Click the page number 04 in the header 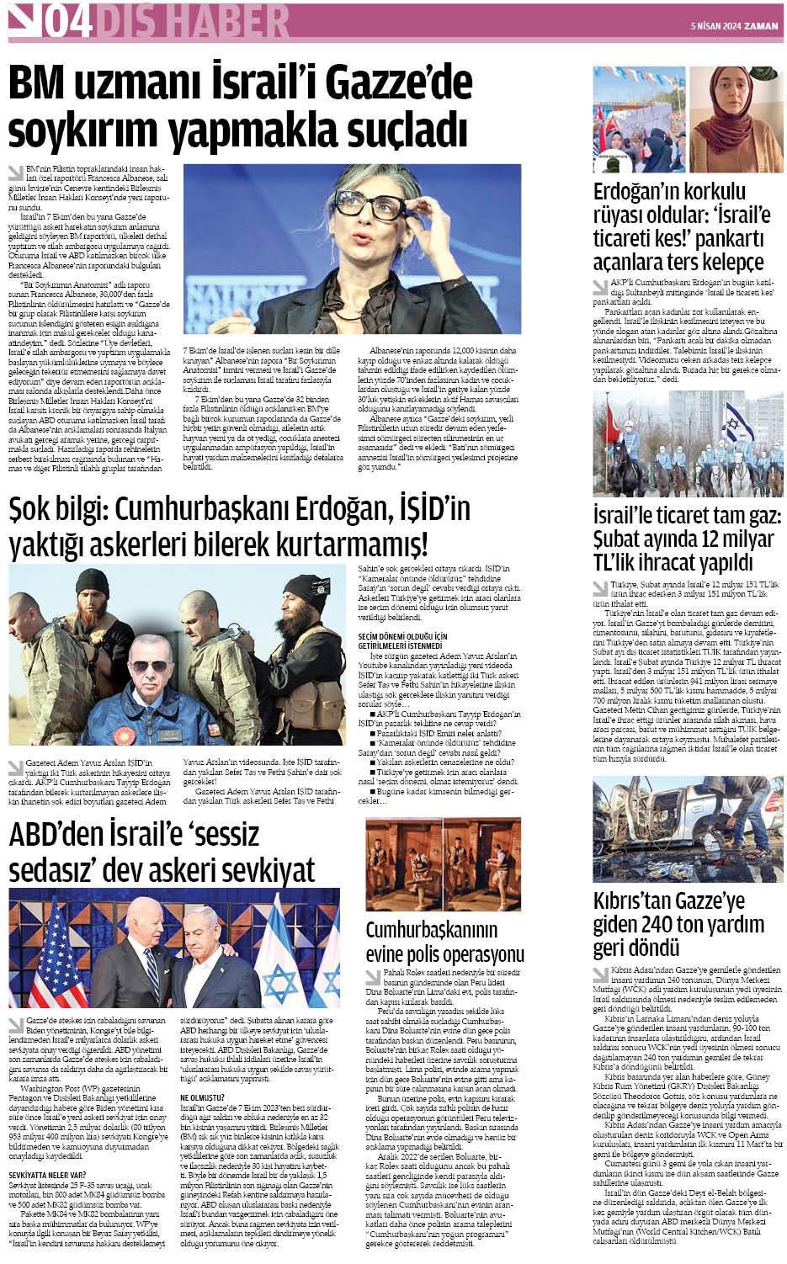(x=67, y=23)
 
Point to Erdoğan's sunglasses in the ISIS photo (x=149, y=667)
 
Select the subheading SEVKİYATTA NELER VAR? (x=47, y=1175)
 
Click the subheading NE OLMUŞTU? (x=203, y=1097)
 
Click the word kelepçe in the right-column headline (x=730, y=263)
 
